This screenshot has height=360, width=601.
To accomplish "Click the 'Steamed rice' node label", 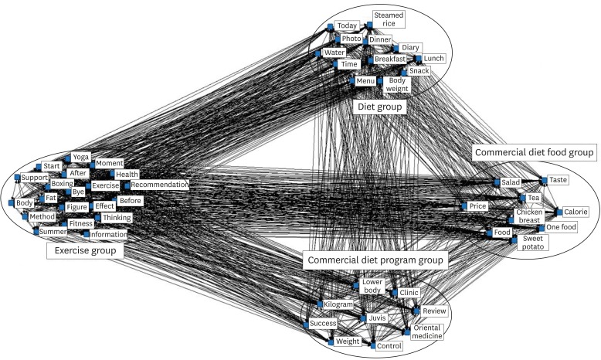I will click(x=388, y=19).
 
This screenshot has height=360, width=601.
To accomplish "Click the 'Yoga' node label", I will click(x=80, y=158).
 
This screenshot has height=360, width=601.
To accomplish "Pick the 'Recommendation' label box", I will click(x=159, y=185).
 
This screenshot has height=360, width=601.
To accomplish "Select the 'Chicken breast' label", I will click(x=529, y=216).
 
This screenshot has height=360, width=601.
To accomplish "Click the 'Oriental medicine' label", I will click(x=426, y=332).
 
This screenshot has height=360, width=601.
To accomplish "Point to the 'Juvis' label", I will click(x=377, y=318).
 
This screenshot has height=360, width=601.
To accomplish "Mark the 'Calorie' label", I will click(x=575, y=212).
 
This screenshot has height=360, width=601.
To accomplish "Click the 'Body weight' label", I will click(x=396, y=84).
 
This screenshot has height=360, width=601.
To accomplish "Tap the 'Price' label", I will click(x=477, y=207).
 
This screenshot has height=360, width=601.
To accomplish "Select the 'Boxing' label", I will click(x=62, y=185).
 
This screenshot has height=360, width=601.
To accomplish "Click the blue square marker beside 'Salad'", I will click(x=495, y=183).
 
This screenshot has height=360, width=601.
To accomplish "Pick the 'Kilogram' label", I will click(x=338, y=306).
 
